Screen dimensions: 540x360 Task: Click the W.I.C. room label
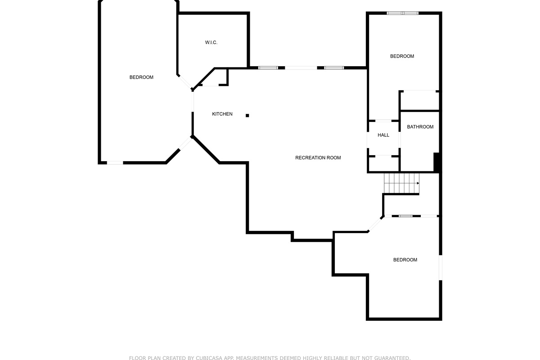coord(211,42)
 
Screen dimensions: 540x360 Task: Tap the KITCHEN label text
coord(222,114)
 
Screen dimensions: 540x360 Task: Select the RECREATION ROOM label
coord(318,157)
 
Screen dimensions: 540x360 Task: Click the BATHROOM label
coord(420,127)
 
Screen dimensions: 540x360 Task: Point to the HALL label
coord(383,135)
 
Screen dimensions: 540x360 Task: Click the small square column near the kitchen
coord(247,116)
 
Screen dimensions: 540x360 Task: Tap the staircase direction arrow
coord(418,183)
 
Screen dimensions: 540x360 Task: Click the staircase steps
coord(401,184)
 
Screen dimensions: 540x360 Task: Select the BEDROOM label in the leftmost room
coord(141,77)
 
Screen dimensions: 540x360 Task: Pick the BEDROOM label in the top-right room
coord(402,56)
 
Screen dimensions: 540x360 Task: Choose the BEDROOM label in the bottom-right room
coord(405,260)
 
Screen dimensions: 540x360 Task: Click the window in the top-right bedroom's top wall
coord(403,13)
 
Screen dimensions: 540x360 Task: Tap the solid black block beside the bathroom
coord(437,162)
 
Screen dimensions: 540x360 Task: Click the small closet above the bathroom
coord(420,100)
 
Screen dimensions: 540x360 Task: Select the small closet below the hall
coord(383,164)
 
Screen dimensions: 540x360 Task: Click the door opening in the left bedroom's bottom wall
coord(115,163)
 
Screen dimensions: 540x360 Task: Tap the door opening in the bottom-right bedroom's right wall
coord(441,267)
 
